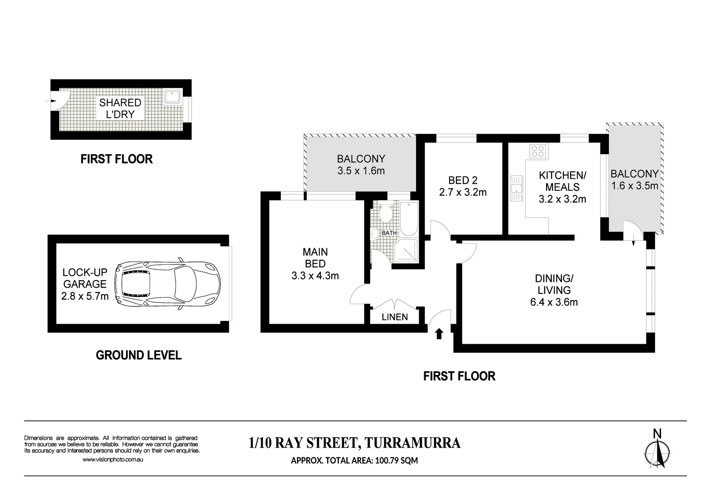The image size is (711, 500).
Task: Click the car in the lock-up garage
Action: [x=168, y=283]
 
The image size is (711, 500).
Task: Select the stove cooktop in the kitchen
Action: [x=538, y=151]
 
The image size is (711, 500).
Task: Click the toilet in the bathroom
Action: [x=384, y=214]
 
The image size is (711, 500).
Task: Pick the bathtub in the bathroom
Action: [x=409, y=219]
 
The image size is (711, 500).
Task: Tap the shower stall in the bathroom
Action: [x=406, y=250]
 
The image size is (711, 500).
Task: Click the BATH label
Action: [x=389, y=233]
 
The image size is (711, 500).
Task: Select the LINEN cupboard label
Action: [x=395, y=317]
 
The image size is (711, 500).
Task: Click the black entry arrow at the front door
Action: [x=439, y=333]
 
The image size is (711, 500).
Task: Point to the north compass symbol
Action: [x=657, y=451]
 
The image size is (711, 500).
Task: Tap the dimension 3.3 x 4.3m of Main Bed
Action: [x=315, y=276]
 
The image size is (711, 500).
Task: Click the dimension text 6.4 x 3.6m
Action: [x=554, y=302]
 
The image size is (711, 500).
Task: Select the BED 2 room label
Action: [x=463, y=180]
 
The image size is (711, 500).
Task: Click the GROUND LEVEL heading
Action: [x=138, y=355]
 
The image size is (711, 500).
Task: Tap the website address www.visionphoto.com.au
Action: [x=113, y=460]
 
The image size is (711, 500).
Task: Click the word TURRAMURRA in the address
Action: [x=413, y=443]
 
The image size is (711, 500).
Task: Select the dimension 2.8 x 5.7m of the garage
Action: [x=85, y=296]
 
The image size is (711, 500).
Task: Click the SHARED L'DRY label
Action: [x=120, y=108]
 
